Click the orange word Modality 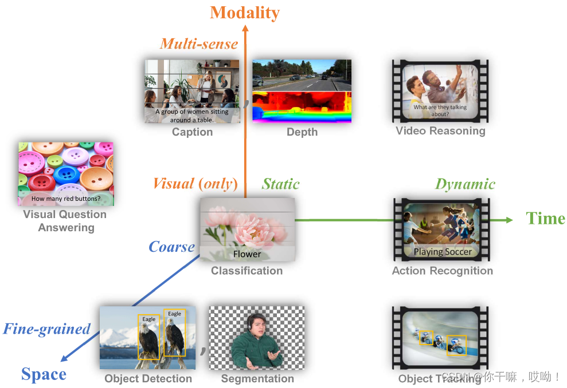[x=245, y=13]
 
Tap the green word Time [x=545, y=219]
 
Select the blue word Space [x=44, y=374]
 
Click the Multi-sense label [x=199, y=43]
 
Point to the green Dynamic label [x=465, y=184]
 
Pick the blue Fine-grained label [x=47, y=329]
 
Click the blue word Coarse [x=171, y=247]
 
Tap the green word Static [x=280, y=184]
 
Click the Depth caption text [x=302, y=132]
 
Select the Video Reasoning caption [x=440, y=131]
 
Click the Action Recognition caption [x=442, y=271]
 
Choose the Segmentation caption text [x=257, y=378]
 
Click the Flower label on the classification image [x=247, y=254]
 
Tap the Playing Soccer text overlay [x=443, y=252]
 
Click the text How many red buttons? [x=66, y=199]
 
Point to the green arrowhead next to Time [x=509, y=220]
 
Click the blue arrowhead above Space [x=65, y=358]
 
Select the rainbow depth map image [x=302, y=107]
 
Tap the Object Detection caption [x=148, y=378]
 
